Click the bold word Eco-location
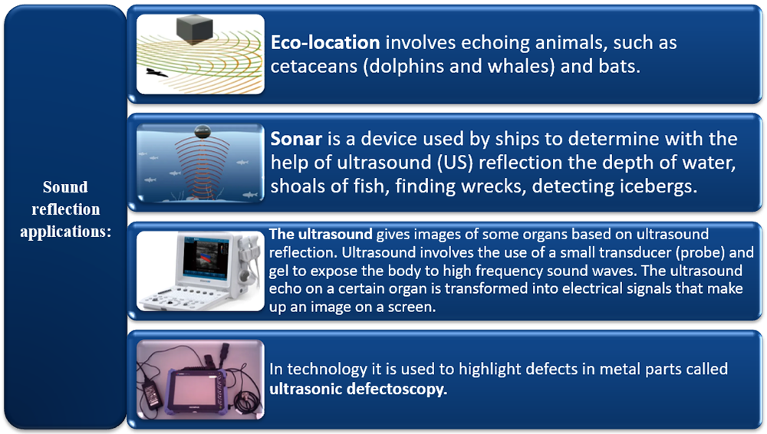[x=325, y=43]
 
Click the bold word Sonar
[x=296, y=139]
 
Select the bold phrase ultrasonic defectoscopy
[x=358, y=389]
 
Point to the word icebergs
[x=663, y=187]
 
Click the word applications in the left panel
[x=65, y=232]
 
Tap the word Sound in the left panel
[x=65, y=187]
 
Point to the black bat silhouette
[x=156, y=72]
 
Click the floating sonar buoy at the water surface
[x=202, y=131]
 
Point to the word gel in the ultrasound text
[x=278, y=271]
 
